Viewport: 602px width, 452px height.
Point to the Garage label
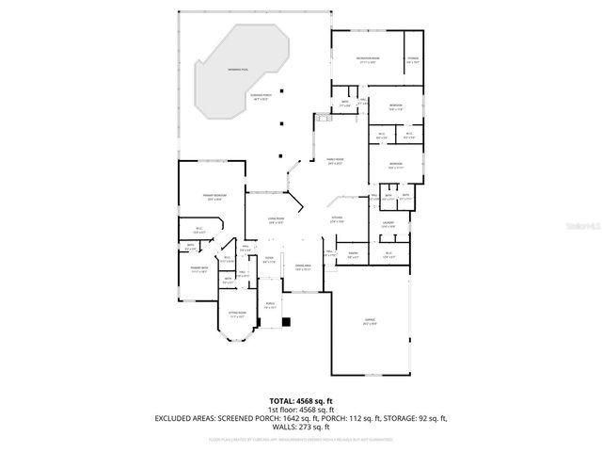[x=370, y=321]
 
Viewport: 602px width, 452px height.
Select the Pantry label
[x=353, y=253]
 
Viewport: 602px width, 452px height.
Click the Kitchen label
[x=336, y=219]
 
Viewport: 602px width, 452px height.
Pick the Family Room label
[x=334, y=161]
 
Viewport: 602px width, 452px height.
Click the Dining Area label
[x=303, y=267]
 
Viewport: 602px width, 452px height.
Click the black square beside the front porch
[x=287, y=322]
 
